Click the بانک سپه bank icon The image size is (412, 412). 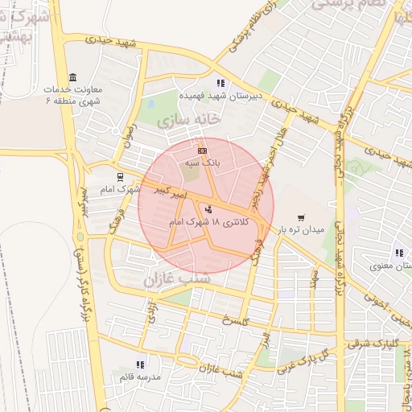click(201, 150)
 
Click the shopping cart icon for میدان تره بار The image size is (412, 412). click(301, 217)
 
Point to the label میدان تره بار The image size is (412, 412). click(302, 229)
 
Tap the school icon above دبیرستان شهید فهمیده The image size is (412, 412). click(220, 83)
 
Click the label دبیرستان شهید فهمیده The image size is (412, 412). click(220, 95)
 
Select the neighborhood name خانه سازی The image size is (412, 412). click(191, 120)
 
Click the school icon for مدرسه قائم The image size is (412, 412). click(141, 365)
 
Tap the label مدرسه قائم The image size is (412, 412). click(141, 377)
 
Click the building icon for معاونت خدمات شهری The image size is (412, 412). click(73, 77)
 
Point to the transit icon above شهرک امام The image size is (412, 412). click(120, 177)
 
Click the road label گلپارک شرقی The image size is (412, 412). click(369, 344)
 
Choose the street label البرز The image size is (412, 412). click(264, 340)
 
